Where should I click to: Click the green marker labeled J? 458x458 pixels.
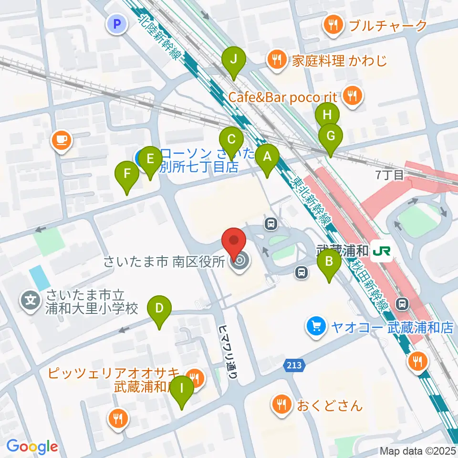tap(234, 60)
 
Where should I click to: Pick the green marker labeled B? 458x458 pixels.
tap(329, 262)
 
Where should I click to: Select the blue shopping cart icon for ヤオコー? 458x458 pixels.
tap(316, 327)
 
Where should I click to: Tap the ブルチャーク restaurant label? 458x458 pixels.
tap(387, 25)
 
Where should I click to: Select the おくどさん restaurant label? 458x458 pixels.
tap(330, 406)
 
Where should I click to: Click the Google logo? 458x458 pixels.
tap(32, 447)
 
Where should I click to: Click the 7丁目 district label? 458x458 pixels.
tap(389, 175)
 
